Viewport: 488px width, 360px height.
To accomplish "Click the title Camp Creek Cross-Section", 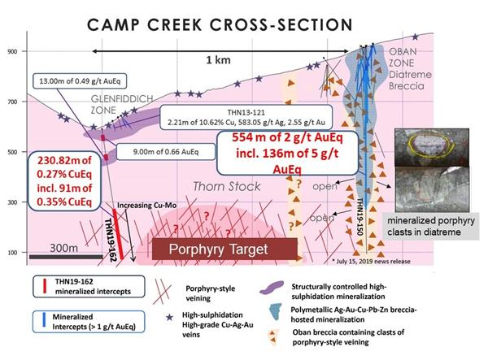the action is click(220, 24).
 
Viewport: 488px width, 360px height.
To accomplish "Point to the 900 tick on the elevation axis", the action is click(12, 51).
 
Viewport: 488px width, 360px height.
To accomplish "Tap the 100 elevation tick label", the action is click(12, 253).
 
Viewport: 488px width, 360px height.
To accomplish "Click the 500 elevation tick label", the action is click(12, 152).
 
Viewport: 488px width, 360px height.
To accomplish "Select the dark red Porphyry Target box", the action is click(224, 249).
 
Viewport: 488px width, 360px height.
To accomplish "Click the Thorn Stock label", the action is click(227, 187).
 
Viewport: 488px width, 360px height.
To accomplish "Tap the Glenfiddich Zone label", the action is click(122, 105).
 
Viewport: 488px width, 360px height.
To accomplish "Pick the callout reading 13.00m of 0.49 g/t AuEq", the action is click(80, 81).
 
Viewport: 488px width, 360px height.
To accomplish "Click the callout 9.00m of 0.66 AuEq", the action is click(166, 152).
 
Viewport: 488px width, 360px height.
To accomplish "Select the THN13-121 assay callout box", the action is click(246, 117).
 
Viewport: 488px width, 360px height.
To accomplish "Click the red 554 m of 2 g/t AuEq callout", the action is click(288, 153).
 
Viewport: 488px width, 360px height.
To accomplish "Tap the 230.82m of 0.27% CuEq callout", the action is click(64, 181).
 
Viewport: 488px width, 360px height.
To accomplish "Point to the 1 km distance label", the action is click(219, 60).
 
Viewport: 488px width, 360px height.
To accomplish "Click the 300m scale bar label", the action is click(64, 248).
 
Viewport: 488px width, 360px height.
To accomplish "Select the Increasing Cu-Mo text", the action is click(147, 205).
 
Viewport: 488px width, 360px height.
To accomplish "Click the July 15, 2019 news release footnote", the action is click(371, 261).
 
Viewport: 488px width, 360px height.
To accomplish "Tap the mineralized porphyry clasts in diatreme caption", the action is click(431, 227).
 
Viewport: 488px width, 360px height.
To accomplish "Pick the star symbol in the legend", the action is click(169, 318).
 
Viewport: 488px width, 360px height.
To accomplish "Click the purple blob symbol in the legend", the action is click(272, 287).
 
